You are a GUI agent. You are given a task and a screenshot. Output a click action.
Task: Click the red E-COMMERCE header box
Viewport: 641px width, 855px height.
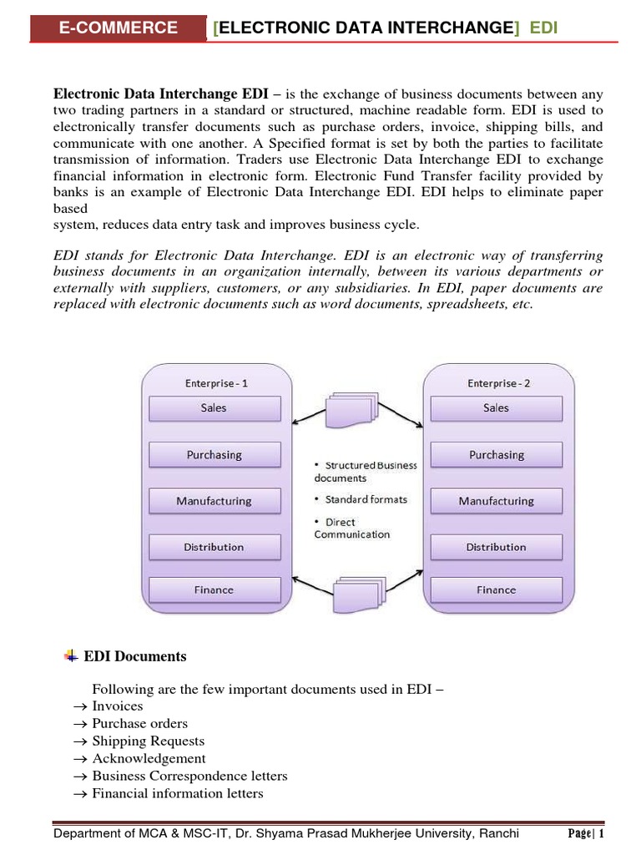coord(118,28)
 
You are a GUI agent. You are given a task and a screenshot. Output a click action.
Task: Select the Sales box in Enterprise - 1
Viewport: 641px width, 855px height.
coord(214,408)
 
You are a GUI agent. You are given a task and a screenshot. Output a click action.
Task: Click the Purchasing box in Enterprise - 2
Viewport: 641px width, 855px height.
coord(496,455)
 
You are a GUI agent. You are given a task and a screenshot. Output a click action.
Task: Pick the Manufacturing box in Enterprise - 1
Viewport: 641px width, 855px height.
coord(214,501)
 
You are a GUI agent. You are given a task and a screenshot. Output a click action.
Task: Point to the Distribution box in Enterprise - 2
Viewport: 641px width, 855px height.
coord(496,547)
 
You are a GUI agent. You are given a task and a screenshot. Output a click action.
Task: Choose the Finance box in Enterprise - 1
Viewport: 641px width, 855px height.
coord(214,589)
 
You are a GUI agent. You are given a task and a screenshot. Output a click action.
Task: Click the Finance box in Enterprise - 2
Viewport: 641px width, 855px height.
coord(496,589)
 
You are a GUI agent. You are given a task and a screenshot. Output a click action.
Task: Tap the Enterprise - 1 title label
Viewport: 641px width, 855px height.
coord(216,383)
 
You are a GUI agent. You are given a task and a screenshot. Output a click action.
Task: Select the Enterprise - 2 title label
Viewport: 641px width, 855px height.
coord(498,383)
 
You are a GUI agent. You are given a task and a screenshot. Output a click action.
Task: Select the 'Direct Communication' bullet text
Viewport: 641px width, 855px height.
coord(351,529)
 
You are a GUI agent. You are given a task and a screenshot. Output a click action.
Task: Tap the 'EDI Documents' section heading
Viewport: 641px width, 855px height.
coord(135,656)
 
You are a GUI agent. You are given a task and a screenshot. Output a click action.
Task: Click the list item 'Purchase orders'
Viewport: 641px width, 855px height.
coord(139,723)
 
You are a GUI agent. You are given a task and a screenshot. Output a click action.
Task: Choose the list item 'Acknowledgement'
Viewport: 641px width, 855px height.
coord(149,758)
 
